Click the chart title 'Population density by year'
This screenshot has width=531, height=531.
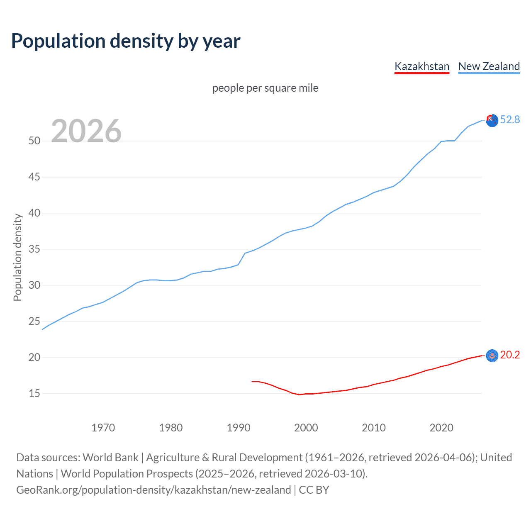coord(126,41)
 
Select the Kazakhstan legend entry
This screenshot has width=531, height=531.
coord(421,66)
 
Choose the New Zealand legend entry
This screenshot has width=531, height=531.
coord(489,66)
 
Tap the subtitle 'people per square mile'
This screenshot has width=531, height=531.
coord(265,88)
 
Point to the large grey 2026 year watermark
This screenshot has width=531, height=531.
coord(86,131)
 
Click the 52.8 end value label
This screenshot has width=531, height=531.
coord(510,120)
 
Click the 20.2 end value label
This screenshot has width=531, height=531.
coord(510,355)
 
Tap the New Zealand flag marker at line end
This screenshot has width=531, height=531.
coord(492,121)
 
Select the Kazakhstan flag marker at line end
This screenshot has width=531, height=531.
coord(492,356)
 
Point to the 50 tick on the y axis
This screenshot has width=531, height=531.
coord(34,141)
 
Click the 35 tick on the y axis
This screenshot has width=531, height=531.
coord(34,249)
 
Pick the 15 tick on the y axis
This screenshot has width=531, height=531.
coord(34,393)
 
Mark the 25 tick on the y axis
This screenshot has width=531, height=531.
coord(34,322)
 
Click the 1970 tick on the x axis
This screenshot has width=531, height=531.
coord(103,428)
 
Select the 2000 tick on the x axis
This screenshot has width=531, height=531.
coord(306,428)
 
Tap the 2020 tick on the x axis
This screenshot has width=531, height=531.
coord(441,428)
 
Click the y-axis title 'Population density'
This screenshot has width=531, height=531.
coord(17,257)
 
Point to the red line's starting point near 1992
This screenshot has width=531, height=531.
coord(252,381)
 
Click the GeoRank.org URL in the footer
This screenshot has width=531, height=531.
coord(153,490)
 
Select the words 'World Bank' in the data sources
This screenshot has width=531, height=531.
coord(110,458)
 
